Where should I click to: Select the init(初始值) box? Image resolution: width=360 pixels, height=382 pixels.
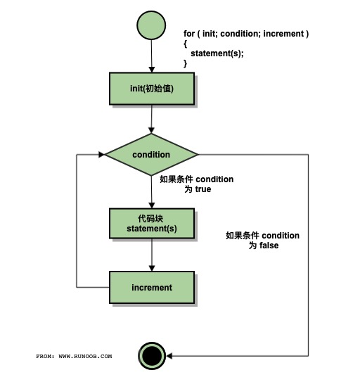click(x=151, y=89)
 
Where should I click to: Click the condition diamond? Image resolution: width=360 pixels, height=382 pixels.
click(x=151, y=154)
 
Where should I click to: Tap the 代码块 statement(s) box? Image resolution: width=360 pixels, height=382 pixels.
click(x=151, y=223)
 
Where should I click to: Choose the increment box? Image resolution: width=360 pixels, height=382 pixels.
click(x=151, y=287)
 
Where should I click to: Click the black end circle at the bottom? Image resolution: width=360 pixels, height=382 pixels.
click(x=151, y=356)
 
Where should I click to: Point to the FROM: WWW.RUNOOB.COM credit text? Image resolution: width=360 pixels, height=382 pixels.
click(x=74, y=357)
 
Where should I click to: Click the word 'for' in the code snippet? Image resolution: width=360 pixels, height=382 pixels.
click(x=189, y=34)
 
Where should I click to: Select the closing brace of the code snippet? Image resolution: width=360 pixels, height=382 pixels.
click(x=186, y=63)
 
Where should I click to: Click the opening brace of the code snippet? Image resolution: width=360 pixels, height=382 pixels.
click(x=186, y=44)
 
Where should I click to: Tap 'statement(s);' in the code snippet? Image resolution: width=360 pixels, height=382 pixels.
click(x=217, y=53)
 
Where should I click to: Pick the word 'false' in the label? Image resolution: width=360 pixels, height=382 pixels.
click(x=268, y=246)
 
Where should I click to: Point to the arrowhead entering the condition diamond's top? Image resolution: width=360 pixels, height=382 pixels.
click(x=151, y=132)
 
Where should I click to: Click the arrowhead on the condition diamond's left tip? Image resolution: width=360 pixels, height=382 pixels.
click(x=102, y=154)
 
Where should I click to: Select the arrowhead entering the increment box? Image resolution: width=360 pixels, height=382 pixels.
click(x=151, y=269)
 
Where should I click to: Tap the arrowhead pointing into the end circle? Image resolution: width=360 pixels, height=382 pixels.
click(x=169, y=356)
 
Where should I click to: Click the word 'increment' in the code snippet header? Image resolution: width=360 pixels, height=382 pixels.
click(x=284, y=34)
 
